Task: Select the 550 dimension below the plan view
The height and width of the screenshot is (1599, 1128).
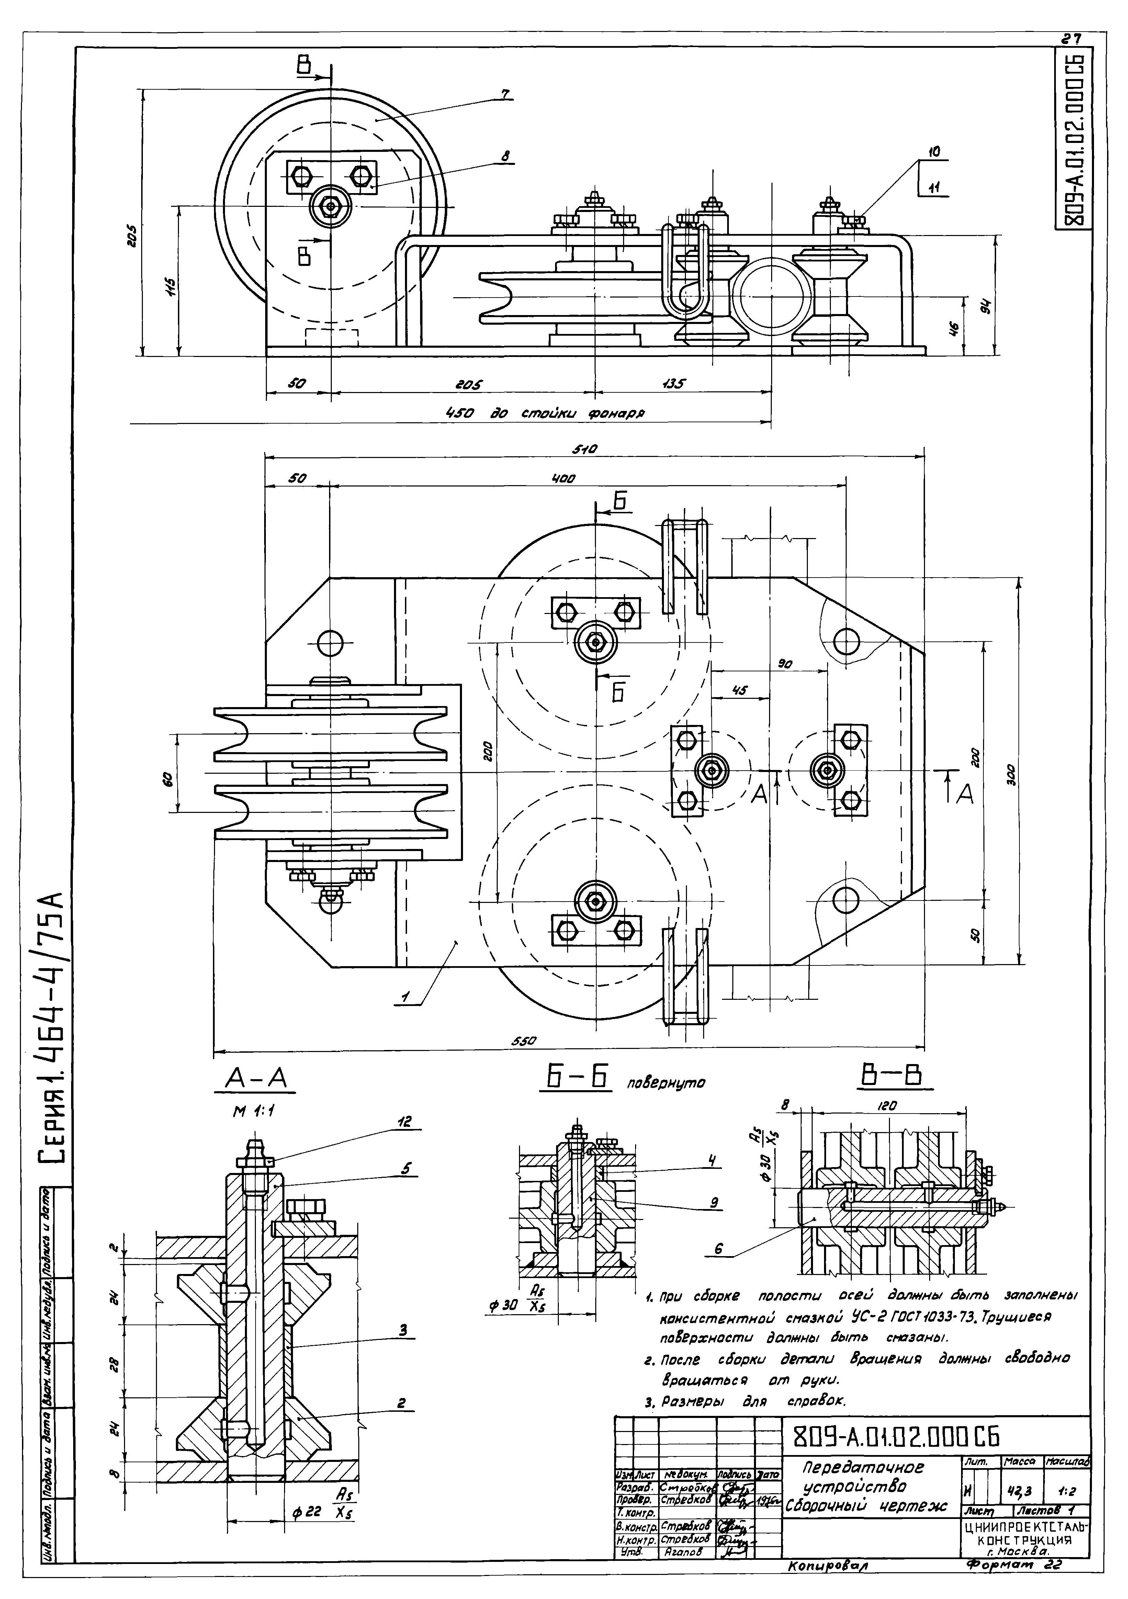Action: coord(523,1042)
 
